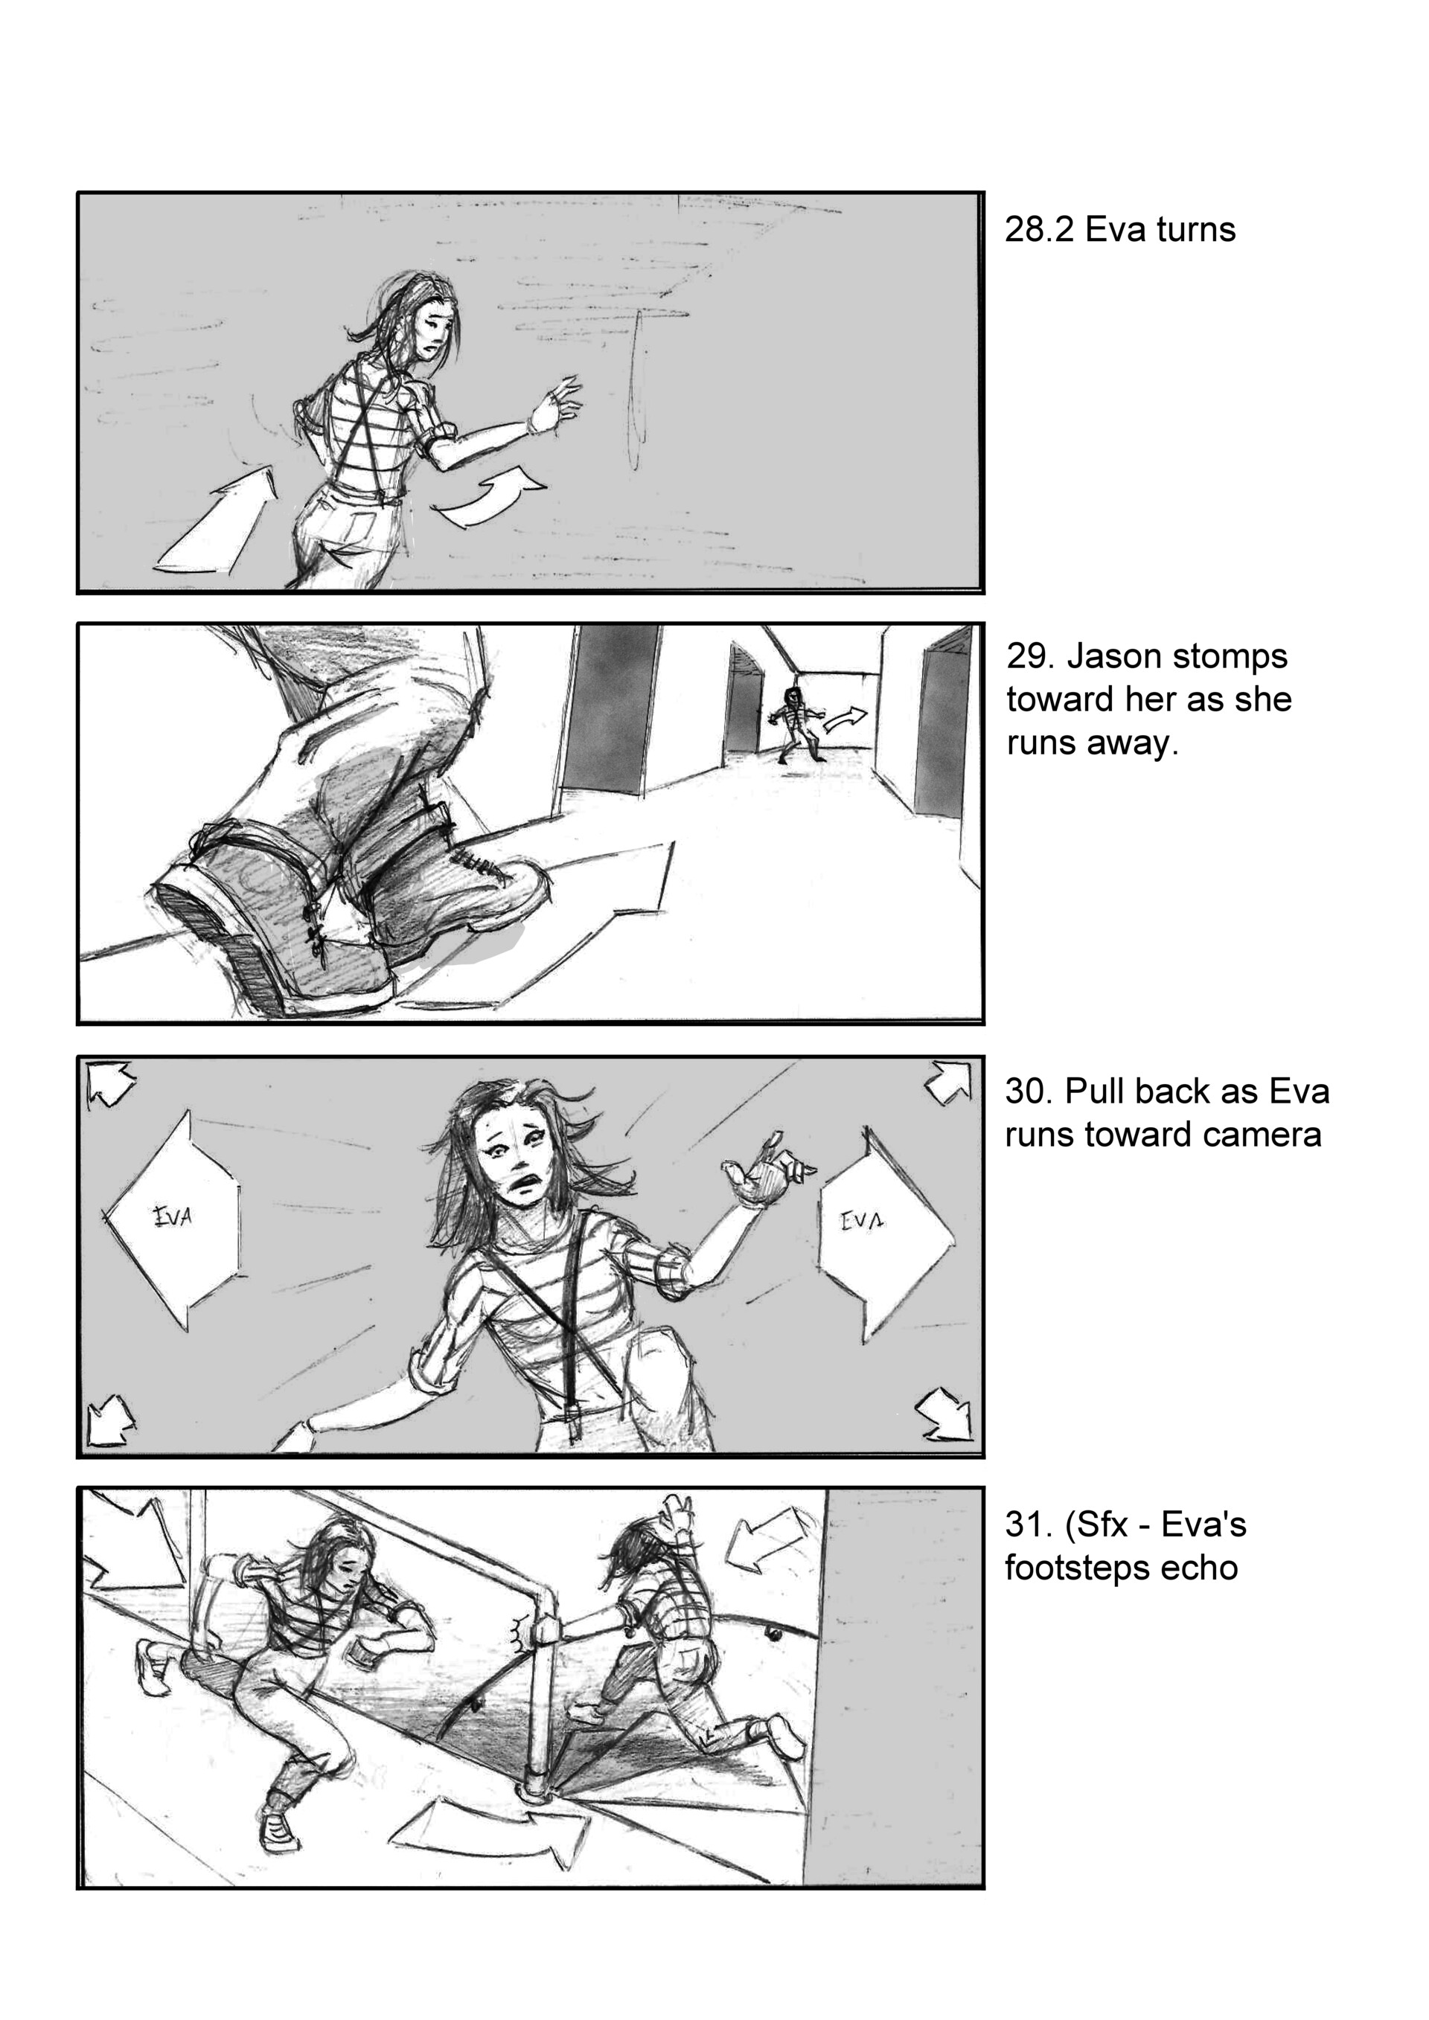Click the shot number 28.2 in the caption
(1039, 230)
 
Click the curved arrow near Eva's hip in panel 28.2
(491, 502)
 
